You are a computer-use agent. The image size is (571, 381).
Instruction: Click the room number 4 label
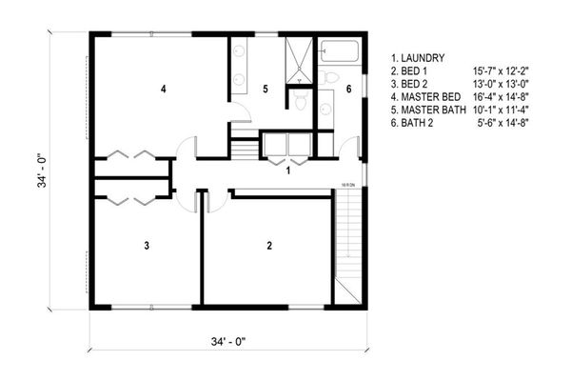pos(164,90)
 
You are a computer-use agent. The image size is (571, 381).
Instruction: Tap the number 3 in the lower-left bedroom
pos(147,246)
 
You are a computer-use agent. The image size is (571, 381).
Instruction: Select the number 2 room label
pos(269,246)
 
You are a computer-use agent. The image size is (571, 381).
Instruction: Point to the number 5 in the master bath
pos(266,90)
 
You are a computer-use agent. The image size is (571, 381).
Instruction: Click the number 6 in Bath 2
pos(348,90)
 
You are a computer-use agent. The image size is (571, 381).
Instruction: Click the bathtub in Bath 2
pos(339,50)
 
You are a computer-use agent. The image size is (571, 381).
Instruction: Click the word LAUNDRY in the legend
pos(423,57)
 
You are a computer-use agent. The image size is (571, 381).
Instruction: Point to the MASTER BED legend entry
pos(429,97)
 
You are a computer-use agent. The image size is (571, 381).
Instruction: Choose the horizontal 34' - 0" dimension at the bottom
pos(228,340)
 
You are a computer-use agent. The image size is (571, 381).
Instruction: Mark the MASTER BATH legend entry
pos(432,110)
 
